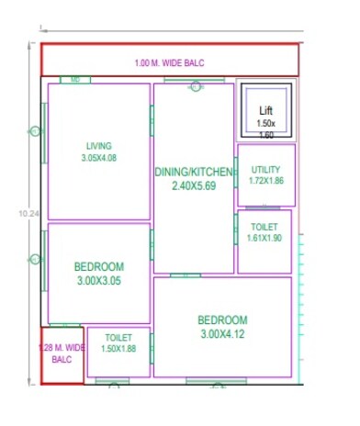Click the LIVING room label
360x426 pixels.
[98, 145]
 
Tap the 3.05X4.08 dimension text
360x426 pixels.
[98, 157]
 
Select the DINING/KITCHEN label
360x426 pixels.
[194, 172]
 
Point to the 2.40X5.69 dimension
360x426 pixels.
[194, 185]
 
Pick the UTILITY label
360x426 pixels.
[266, 170]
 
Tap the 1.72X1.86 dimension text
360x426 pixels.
[266, 181]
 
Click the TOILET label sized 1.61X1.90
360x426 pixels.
[265, 227]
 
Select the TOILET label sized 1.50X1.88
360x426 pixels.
[118, 337]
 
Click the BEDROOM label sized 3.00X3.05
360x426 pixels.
[99, 267]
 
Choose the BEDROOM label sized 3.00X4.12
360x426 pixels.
[222, 319]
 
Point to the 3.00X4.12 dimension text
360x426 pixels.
[222, 334]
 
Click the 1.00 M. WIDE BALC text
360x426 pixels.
[171, 63]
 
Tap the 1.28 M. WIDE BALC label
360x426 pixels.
[61, 353]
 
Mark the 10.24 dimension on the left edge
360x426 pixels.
[28, 213]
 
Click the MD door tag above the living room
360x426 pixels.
[75, 80]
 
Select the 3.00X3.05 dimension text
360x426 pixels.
[99, 282]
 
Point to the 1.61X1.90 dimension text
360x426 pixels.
[265, 238]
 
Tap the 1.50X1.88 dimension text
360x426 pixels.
[118, 348]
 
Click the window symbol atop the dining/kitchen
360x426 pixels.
[195, 86]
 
